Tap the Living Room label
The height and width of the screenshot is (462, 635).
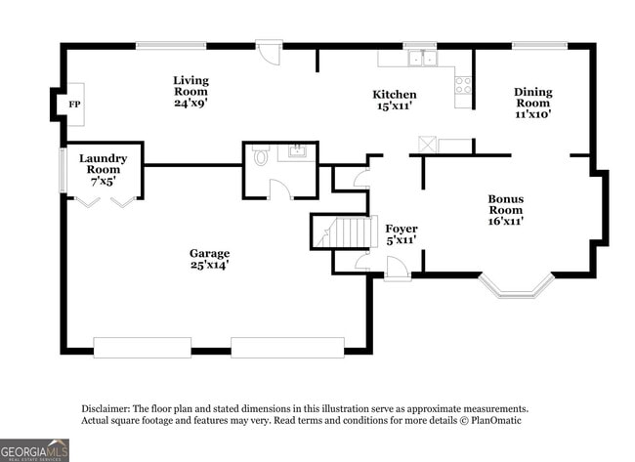click(190, 91)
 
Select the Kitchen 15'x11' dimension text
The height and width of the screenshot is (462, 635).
click(395, 106)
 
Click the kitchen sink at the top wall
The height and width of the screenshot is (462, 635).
click(422, 59)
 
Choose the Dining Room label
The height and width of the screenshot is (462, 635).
click(533, 103)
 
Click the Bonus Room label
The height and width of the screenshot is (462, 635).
click(506, 209)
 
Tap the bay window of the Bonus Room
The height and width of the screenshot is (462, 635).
click(517, 286)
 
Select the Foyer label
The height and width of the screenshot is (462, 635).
click(402, 233)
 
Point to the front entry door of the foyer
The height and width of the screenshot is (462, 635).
click(397, 270)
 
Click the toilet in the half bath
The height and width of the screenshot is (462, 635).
click(260, 156)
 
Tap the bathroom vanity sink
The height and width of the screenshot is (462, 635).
click(294, 152)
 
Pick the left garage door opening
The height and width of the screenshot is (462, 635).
click(142, 347)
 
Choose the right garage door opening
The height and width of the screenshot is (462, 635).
click(287, 347)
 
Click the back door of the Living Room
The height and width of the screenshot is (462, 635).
click(269, 51)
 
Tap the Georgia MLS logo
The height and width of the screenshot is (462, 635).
click(35, 449)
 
